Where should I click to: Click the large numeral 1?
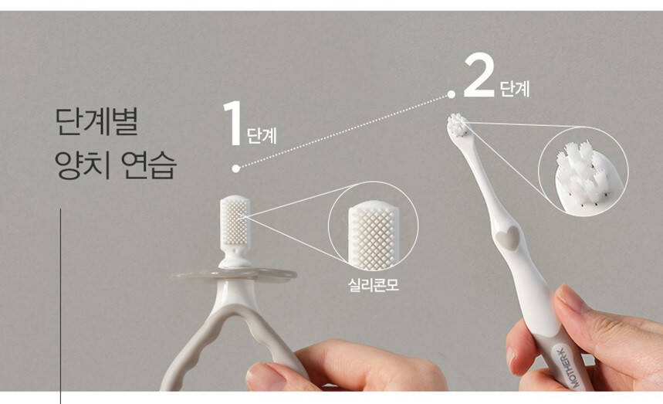click(x=232, y=123)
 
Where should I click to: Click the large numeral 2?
click(x=479, y=75)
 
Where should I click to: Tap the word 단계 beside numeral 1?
click(x=262, y=136)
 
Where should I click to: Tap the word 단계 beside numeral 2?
click(x=515, y=89)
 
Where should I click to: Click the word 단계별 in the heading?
click(x=96, y=122)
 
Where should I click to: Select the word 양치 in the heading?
click(x=83, y=165)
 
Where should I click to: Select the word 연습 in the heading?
click(x=148, y=165)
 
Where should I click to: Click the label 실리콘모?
click(x=374, y=285)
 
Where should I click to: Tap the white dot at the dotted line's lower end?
click(x=236, y=168)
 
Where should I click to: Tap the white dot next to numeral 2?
click(x=452, y=94)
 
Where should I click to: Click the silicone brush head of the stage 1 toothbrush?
click(x=235, y=220)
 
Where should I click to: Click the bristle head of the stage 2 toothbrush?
click(x=458, y=125)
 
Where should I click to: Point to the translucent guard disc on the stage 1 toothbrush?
click(x=234, y=276)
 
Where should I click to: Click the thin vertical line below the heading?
click(x=60, y=306)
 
